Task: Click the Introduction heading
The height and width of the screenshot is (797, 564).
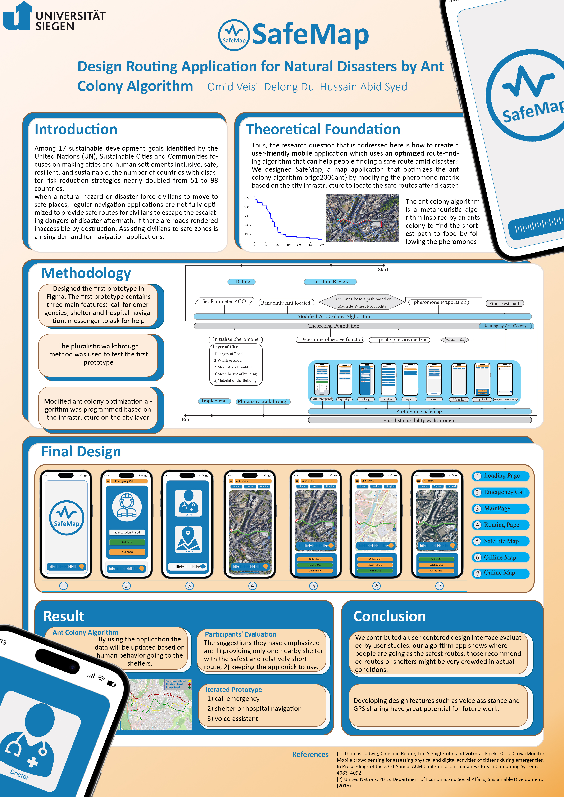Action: [76, 129]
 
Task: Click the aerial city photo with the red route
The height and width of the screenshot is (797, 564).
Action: [362, 218]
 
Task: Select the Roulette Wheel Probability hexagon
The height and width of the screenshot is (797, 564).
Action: [362, 302]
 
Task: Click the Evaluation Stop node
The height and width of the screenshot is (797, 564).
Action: [455, 340]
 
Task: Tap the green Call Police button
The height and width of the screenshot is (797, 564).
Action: [127, 542]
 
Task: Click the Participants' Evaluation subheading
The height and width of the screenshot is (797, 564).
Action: [241, 634]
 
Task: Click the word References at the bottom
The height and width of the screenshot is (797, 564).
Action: [310, 754]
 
